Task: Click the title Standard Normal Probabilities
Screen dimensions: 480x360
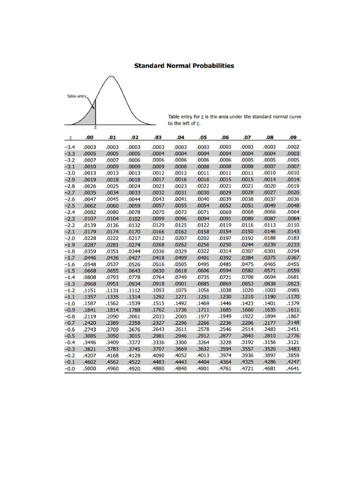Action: click(184, 66)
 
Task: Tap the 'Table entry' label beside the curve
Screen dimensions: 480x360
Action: click(76, 96)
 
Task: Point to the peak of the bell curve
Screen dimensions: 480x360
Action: click(111, 76)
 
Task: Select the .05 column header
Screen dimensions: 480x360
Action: click(203, 138)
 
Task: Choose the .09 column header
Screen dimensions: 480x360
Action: click(293, 138)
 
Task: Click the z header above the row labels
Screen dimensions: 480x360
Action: click(70, 138)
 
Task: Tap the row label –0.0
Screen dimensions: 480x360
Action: click(70, 368)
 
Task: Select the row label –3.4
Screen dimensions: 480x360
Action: click(70, 147)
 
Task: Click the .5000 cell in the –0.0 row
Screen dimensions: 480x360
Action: click(89, 368)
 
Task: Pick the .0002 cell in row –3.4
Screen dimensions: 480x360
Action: click(293, 147)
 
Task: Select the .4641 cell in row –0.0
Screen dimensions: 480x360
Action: click(293, 368)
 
